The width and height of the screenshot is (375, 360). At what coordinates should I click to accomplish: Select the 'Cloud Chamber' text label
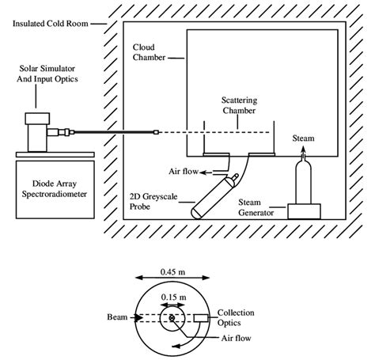pos(150,52)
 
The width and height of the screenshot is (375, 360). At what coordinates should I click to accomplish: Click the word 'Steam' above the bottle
pos(304,137)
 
